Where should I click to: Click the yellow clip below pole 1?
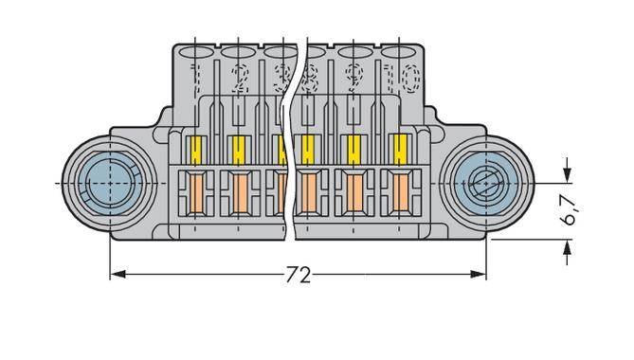click(196, 149)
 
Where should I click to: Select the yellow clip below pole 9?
click(354, 149)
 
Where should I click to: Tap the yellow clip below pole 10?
click(399, 149)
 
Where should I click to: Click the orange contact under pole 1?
click(196, 193)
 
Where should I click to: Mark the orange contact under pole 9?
click(354, 193)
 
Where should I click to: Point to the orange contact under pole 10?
click(399, 193)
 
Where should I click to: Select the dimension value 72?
click(298, 276)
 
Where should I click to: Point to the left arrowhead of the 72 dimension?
click(118, 275)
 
